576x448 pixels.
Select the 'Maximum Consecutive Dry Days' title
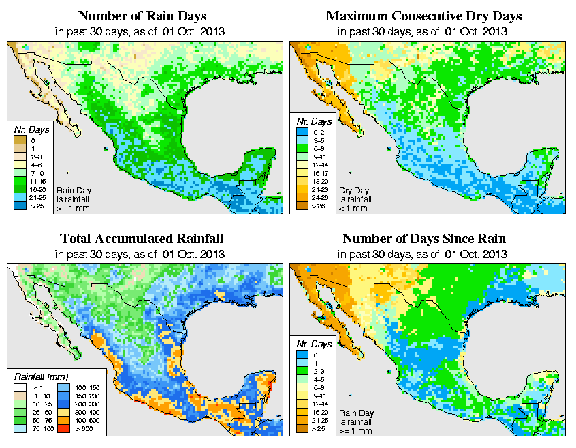pos(423,16)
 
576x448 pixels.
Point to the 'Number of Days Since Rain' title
pos(423,238)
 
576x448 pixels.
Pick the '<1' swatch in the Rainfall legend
pos(20,387)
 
